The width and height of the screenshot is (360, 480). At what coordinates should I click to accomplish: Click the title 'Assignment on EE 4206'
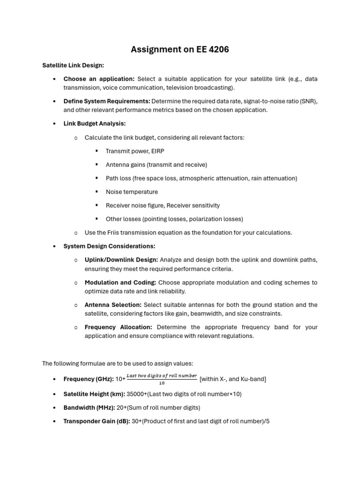pos(180,49)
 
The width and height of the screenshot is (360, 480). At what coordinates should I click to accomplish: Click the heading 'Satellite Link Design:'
pos(73,65)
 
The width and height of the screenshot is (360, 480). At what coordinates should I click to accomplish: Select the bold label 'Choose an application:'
pos(99,79)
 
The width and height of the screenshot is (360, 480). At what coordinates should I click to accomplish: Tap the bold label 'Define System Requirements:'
pos(107,101)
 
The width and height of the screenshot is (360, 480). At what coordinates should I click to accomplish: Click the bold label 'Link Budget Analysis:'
pos(94,124)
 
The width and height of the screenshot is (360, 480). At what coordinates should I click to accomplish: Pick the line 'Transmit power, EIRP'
pos(135,151)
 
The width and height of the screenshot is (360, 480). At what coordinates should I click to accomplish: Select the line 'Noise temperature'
pos(132,192)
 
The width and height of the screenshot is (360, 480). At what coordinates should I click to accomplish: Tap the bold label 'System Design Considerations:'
pos(109,246)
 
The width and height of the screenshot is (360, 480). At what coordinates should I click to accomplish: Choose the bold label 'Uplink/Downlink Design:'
pos(121,260)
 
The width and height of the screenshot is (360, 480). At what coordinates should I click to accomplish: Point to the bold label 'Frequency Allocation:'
pos(118,327)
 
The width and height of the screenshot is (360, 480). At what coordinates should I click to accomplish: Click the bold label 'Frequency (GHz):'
pos(88,379)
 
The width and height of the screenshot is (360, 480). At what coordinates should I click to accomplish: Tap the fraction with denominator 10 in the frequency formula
pos(162,379)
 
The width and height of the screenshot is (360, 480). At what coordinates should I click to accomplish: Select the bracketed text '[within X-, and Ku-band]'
pos(232,379)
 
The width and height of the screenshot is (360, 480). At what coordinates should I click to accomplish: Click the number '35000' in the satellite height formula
pos(136,394)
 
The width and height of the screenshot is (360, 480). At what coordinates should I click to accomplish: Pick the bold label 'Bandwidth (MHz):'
pos(89,407)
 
